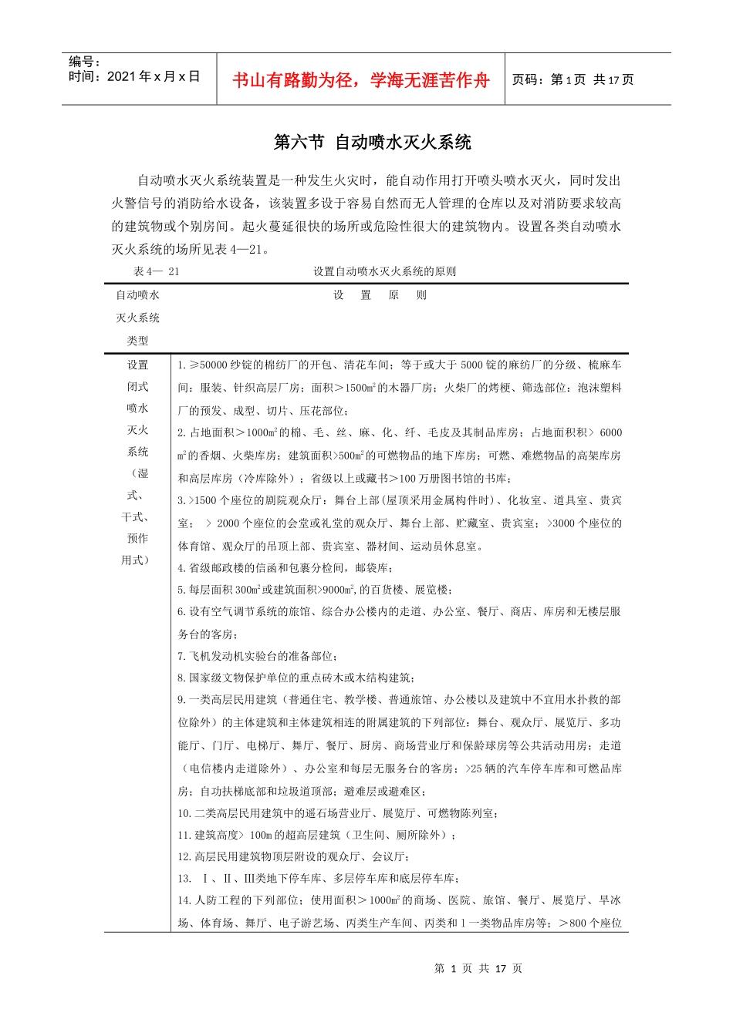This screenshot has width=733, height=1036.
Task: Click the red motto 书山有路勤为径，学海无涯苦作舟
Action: tap(360, 80)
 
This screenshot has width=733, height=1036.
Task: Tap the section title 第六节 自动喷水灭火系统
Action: tap(373, 143)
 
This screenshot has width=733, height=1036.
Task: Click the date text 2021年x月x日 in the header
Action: tap(154, 76)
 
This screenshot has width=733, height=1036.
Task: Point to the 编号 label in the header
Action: tap(84, 62)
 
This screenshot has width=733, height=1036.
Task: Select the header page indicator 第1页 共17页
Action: tap(573, 80)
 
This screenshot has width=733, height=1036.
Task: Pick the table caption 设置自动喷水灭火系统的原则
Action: tap(384, 271)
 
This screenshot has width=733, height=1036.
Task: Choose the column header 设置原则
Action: tap(380, 295)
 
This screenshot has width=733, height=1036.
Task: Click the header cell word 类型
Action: tap(137, 341)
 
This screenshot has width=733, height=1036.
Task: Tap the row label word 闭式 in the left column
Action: tap(137, 387)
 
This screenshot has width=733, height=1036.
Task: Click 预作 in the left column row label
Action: tap(137, 538)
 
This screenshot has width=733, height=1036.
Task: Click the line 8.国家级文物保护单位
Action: tap(296, 678)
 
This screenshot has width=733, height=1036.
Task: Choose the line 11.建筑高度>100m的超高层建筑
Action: tap(316, 835)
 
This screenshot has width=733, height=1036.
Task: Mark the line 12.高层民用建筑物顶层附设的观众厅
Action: tap(292, 856)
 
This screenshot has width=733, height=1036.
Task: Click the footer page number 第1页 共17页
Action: tap(478, 968)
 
